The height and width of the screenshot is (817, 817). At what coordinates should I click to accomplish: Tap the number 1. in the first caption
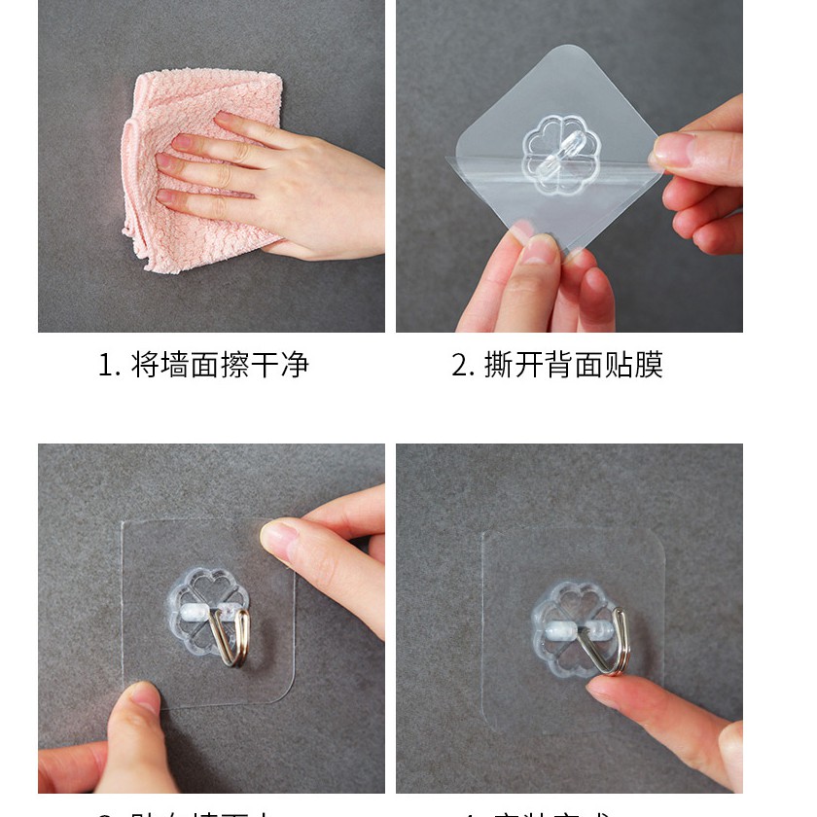click(x=109, y=366)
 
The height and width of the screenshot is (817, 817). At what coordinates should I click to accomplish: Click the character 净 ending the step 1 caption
click(x=295, y=366)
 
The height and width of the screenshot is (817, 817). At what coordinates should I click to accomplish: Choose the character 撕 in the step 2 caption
click(x=499, y=366)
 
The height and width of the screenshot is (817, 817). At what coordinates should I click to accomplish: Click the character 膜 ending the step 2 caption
click(x=649, y=366)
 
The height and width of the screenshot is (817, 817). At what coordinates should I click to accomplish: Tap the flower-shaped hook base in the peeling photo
click(x=561, y=152)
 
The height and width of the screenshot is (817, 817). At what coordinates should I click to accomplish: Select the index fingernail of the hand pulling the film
click(x=672, y=147)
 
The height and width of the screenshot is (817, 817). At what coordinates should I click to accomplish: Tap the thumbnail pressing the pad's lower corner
click(x=146, y=697)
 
